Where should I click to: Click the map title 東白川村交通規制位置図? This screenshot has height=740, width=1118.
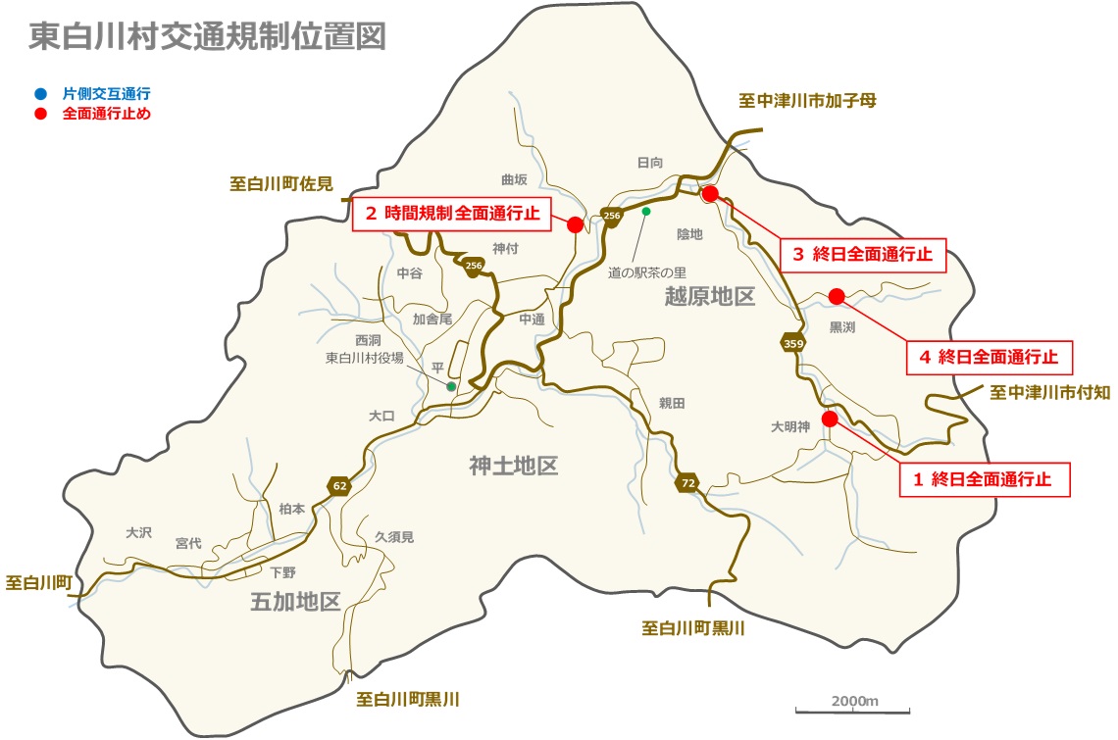point(207,36)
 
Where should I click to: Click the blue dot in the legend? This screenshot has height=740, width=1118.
point(39,94)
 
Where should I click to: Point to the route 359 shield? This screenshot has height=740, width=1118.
point(793,343)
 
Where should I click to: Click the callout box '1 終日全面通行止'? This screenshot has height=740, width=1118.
point(984,479)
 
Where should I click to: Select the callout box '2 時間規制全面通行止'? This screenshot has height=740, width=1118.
point(451,213)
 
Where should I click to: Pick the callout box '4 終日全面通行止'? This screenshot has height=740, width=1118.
point(989,357)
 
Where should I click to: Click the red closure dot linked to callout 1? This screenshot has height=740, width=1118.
point(830,419)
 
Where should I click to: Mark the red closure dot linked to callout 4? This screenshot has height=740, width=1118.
point(837,296)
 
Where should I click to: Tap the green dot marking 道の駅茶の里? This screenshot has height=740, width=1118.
point(646,211)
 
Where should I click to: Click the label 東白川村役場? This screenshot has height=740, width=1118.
point(365,359)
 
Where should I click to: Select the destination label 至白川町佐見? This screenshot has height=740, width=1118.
point(281,183)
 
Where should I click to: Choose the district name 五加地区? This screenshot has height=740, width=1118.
point(295,602)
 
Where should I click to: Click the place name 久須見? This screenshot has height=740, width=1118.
point(394,537)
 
